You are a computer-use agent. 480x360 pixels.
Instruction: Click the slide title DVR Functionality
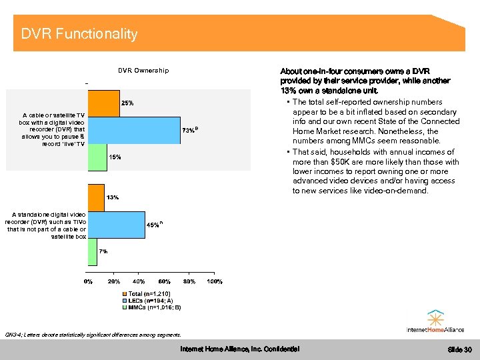79,33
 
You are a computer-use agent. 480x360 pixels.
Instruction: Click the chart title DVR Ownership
143,70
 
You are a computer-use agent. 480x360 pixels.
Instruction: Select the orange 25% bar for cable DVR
104,103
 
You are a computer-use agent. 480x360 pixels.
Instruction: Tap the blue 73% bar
134,130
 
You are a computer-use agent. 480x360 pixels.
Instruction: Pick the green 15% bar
97,157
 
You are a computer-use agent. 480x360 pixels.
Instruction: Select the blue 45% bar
116,225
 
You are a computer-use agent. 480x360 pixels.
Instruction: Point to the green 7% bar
93,251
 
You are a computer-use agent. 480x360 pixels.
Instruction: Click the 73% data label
189,130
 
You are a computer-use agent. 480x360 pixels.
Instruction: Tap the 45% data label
153,225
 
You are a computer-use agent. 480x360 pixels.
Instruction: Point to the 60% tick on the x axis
164,282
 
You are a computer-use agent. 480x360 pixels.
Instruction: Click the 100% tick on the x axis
214,282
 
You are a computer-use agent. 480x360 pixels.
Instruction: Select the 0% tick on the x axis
88,282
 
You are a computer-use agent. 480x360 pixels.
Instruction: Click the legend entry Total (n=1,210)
149,294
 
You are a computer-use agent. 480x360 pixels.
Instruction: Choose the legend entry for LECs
149,301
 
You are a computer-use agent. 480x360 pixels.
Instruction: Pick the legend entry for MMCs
151,307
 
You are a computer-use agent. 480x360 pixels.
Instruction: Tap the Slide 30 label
459,349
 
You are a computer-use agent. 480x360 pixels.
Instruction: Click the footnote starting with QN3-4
92,334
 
